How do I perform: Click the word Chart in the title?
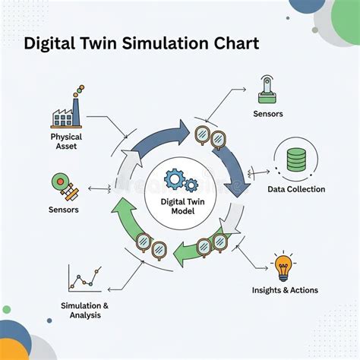236,43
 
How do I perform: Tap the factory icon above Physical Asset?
66,112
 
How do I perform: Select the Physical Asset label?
66,141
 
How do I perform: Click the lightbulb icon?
283,267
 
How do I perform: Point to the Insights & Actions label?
285,290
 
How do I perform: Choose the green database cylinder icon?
296,159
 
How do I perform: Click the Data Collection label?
296,189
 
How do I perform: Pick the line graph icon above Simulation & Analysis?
85,279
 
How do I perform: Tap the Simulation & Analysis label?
85,311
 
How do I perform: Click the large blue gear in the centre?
175,179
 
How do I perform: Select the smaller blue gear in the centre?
191,185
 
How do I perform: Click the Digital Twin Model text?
183,207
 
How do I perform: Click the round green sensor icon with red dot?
60,182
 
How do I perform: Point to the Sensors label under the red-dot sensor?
64,210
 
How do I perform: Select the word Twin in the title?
99,43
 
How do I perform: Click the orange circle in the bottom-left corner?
11,351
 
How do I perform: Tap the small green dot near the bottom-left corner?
7,309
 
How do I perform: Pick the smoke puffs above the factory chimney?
79,90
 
